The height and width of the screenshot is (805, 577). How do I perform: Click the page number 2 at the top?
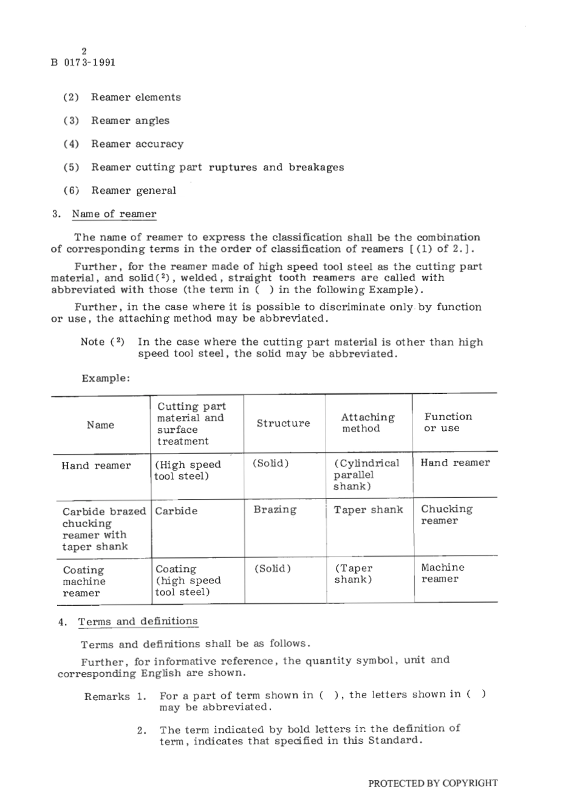point(84,51)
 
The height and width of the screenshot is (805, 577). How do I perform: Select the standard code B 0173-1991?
point(83,63)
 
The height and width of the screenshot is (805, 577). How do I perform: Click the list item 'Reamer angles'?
point(130,121)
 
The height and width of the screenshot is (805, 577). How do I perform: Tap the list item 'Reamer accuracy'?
point(137,144)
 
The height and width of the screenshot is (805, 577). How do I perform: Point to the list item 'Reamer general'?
point(134,191)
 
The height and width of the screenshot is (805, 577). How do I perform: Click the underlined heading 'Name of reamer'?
point(114,214)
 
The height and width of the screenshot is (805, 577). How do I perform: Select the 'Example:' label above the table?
point(106,378)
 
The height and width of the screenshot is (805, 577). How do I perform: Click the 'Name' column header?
point(100,425)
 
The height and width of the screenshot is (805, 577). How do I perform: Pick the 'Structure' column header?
point(283,423)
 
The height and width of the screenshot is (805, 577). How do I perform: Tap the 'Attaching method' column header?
point(367,423)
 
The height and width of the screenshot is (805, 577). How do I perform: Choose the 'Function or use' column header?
point(448,422)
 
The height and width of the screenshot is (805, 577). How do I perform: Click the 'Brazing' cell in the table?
point(275,510)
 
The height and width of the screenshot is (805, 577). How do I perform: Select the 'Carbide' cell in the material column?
point(176,511)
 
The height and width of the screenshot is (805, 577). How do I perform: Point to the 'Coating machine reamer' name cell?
point(84,582)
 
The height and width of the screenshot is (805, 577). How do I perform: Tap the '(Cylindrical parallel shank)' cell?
point(366,474)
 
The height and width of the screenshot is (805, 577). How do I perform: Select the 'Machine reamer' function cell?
point(442,573)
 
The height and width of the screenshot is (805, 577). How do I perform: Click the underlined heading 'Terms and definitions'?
point(138,621)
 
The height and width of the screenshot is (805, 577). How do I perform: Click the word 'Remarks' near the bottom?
point(107,696)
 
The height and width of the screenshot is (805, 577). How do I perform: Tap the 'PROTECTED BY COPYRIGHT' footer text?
point(432,783)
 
